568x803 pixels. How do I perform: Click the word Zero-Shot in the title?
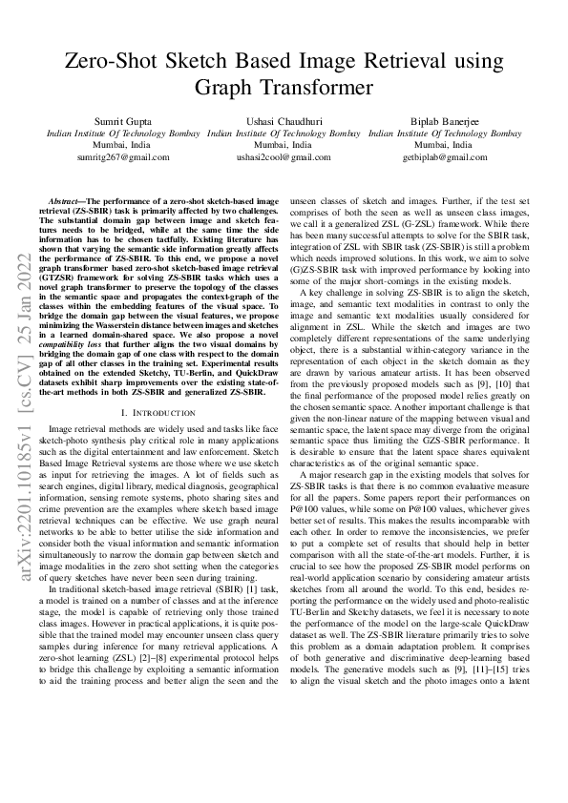click(110, 63)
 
